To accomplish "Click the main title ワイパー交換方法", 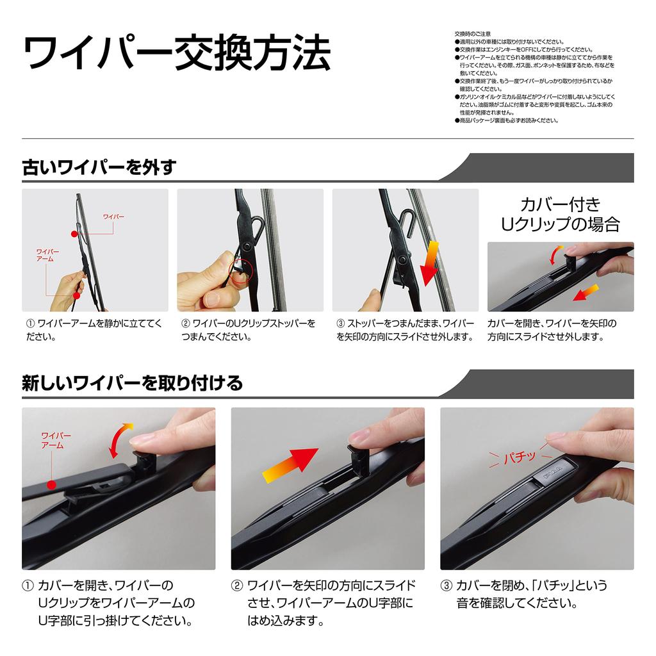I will click(177, 54).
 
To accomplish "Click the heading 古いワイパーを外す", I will click(99, 168).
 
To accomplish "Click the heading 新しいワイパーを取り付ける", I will click(133, 383).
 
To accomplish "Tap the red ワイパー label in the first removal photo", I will click(114, 217).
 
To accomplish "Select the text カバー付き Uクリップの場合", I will click(560, 214).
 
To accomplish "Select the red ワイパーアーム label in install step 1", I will click(56, 440).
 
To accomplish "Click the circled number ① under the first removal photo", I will click(29, 324).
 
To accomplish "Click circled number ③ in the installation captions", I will click(446, 586).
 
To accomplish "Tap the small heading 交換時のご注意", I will click(472, 33).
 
